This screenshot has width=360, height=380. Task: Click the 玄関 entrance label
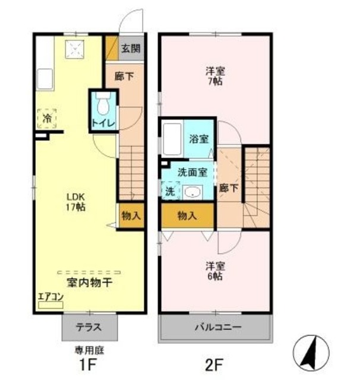131,49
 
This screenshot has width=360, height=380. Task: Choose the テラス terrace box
89,327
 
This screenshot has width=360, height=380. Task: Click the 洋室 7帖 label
214,76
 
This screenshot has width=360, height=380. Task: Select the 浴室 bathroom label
198,140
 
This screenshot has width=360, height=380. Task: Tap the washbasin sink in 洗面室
191,192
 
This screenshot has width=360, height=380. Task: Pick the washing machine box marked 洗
169,191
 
